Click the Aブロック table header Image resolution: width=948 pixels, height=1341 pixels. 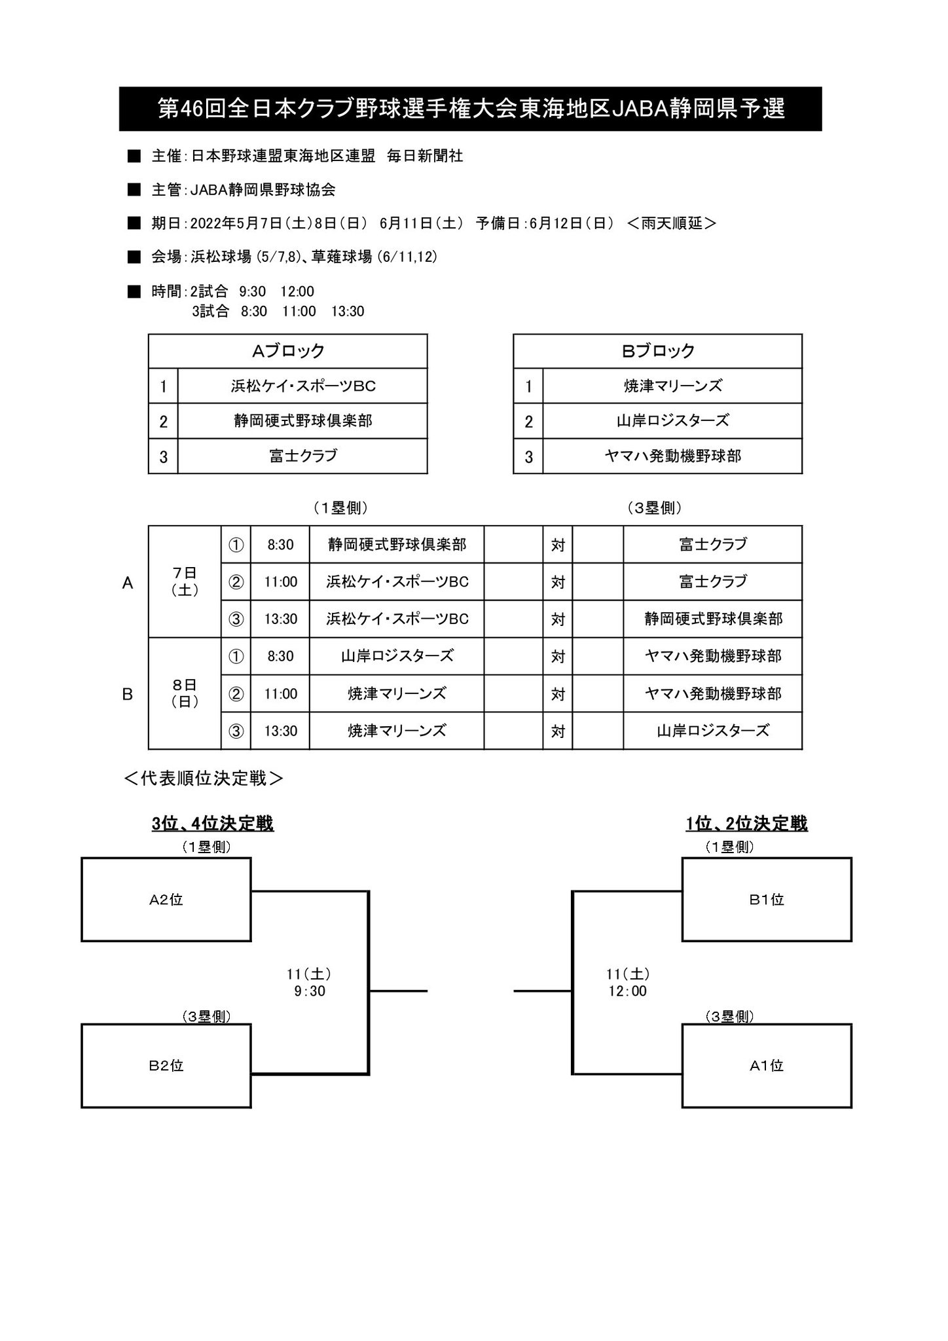[x=288, y=351]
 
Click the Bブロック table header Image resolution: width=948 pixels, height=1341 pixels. [x=657, y=351]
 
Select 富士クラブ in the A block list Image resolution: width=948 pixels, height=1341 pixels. [x=302, y=456]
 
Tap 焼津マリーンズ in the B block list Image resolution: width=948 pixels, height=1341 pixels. [x=672, y=386]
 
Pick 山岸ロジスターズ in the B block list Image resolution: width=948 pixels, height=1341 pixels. [x=672, y=420]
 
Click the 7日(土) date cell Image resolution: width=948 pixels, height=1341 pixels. [x=185, y=581]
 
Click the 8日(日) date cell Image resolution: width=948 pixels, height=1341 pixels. [x=185, y=693]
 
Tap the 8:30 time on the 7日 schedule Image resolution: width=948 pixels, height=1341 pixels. [x=280, y=544]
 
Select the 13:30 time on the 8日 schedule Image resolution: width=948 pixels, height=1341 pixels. [x=280, y=731]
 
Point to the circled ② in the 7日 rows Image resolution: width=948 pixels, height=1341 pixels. [x=236, y=581]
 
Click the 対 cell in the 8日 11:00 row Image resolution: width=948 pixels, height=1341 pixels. [x=558, y=693]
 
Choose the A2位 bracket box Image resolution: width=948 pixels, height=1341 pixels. [x=166, y=900]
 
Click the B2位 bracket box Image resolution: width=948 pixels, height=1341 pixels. [x=166, y=1066]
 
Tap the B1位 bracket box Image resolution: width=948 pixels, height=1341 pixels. [x=767, y=900]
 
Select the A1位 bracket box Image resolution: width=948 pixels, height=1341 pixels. [x=767, y=1066]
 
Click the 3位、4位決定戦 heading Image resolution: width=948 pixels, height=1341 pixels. [x=213, y=823]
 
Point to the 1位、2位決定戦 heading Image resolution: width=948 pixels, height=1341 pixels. [x=746, y=823]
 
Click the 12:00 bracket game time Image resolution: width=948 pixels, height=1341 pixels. [x=627, y=991]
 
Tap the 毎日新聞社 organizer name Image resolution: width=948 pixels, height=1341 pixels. [x=425, y=156]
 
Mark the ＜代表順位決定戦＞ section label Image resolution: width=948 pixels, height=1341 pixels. [x=203, y=778]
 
